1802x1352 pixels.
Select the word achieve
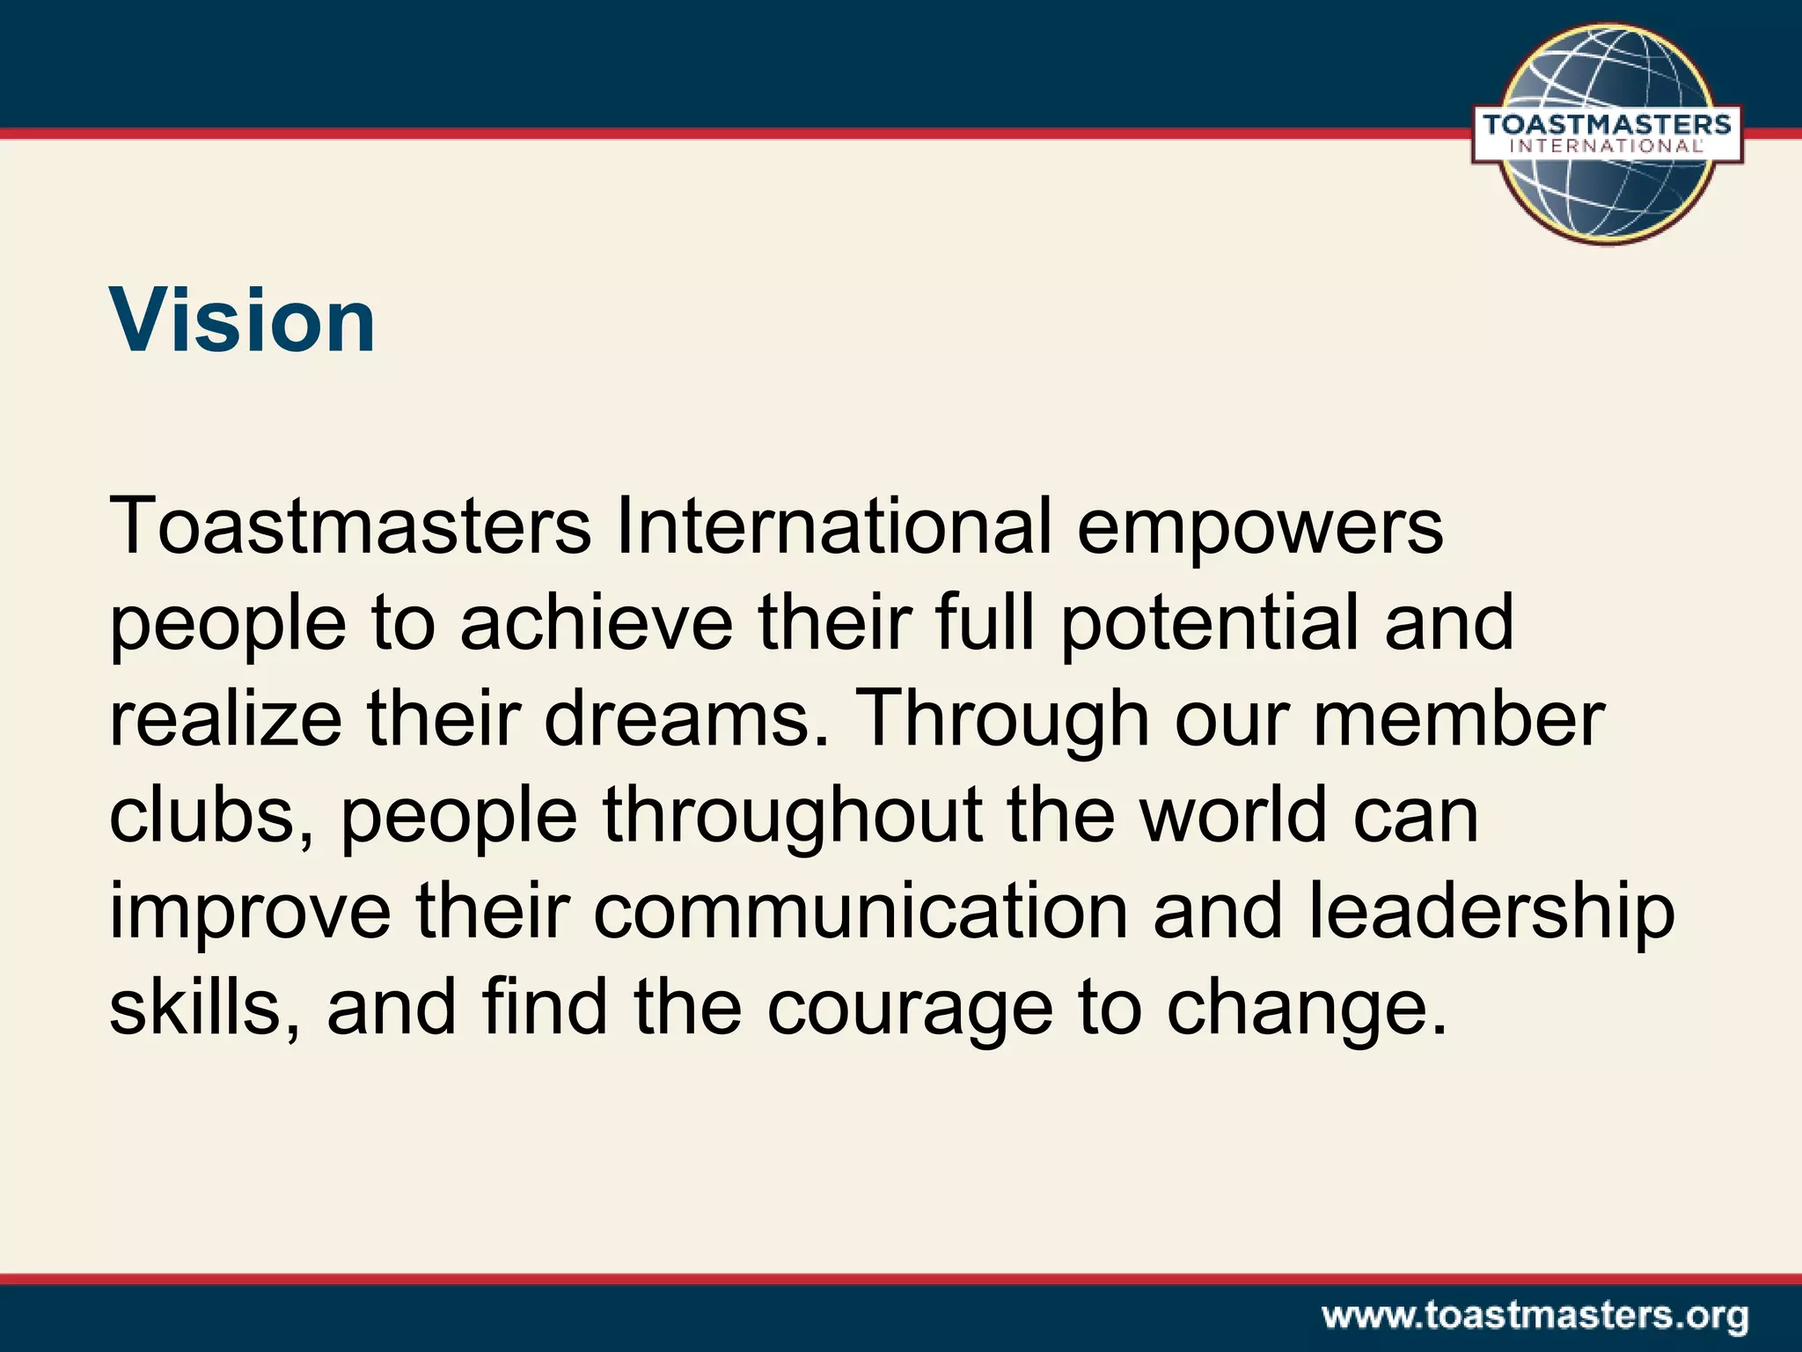point(596,623)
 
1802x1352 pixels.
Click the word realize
point(224,720)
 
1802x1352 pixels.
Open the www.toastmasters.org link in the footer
point(1535,1317)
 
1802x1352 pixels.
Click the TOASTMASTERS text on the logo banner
point(1607,125)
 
